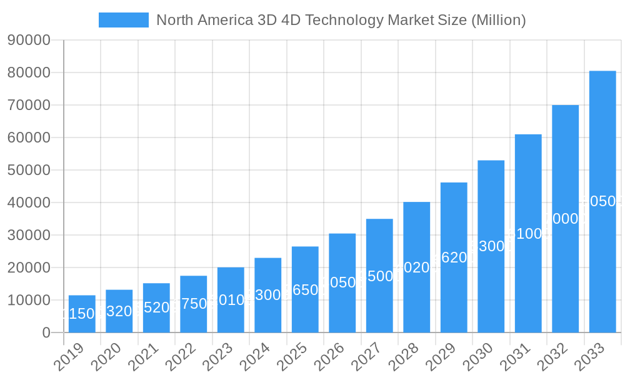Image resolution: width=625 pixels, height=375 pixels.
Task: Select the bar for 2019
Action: pyautogui.click(x=82, y=314)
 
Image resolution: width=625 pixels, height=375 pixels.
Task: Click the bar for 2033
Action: pyautogui.click(x=602, y=201)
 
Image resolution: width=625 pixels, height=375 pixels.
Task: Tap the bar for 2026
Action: pyautogui.click(x=342, y=282)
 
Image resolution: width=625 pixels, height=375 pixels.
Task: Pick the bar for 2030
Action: pyautogui.click(x=491, y=246)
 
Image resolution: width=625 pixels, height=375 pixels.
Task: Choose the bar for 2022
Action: pyautogui.click(x=194, y=304)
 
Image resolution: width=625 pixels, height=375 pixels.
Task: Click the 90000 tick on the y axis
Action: pyautogui.click(x=29, y=40)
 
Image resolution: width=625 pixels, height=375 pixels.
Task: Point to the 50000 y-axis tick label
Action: pyautogui.click(x=29, y=170)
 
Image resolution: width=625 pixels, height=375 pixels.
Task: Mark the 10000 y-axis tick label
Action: pyautogui.click(x=29, y=300)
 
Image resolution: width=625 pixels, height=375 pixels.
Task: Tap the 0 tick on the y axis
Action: pyautogui.click(x=46, y=332)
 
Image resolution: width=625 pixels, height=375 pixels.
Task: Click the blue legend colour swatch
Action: pyautogui.click(x=124, y=20)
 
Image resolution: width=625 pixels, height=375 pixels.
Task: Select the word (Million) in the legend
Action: pyautogui.click(x=498, y=20)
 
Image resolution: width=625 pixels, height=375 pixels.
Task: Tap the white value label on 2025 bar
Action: pyautogui.click(x=305, y=290)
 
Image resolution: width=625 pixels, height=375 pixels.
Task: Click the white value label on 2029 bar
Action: pyautogui.click(x=454, y=257)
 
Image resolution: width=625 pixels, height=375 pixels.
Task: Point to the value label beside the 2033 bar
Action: pyautogui.click(x=602, y=201)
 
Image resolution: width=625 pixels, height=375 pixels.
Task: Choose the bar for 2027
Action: pyautogui.click(x=379, y=275)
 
